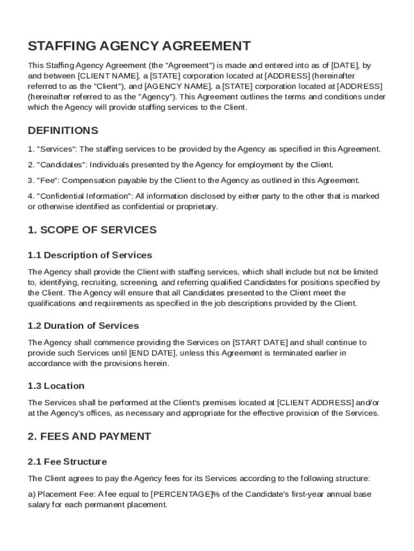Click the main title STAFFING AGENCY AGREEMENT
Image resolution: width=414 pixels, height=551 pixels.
(139, 46)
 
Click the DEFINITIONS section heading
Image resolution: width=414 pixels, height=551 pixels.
(63, 131)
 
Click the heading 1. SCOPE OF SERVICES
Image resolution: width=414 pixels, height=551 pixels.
(92, 230)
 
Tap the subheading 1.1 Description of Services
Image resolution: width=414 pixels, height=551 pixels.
(90, 255)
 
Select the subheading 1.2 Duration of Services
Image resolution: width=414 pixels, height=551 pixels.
(83, 326)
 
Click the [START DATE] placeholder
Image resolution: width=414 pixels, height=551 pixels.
(260, 342)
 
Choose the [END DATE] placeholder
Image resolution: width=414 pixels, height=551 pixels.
(153, 353)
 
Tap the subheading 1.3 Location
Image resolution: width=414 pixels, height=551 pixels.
(56, 386)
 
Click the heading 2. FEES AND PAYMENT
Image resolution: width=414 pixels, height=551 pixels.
(89, 436)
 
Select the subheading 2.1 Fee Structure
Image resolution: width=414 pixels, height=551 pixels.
(67, 462)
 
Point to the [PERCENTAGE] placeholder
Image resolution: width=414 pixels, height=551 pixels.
(180, 495)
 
